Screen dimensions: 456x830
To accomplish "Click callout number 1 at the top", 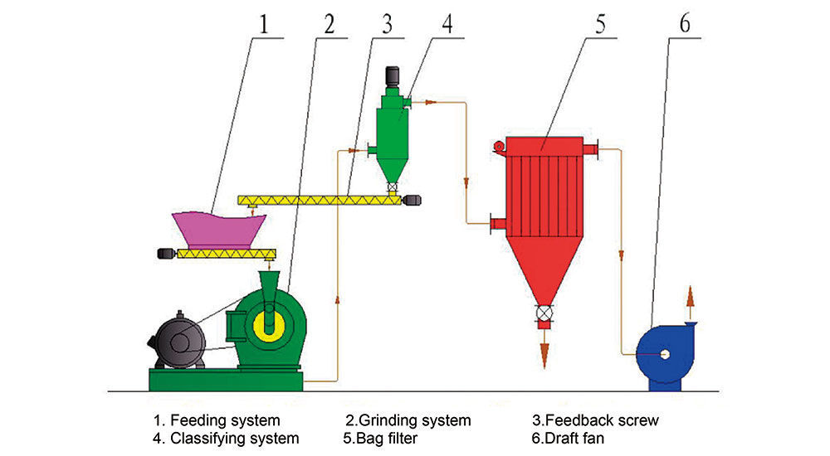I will tap(264, 24).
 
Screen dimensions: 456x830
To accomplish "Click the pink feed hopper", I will tap(218, 227).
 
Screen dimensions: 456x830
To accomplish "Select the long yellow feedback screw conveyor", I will tap(320, 200).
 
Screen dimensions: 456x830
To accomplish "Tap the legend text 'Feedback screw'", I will tap(595, 420).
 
